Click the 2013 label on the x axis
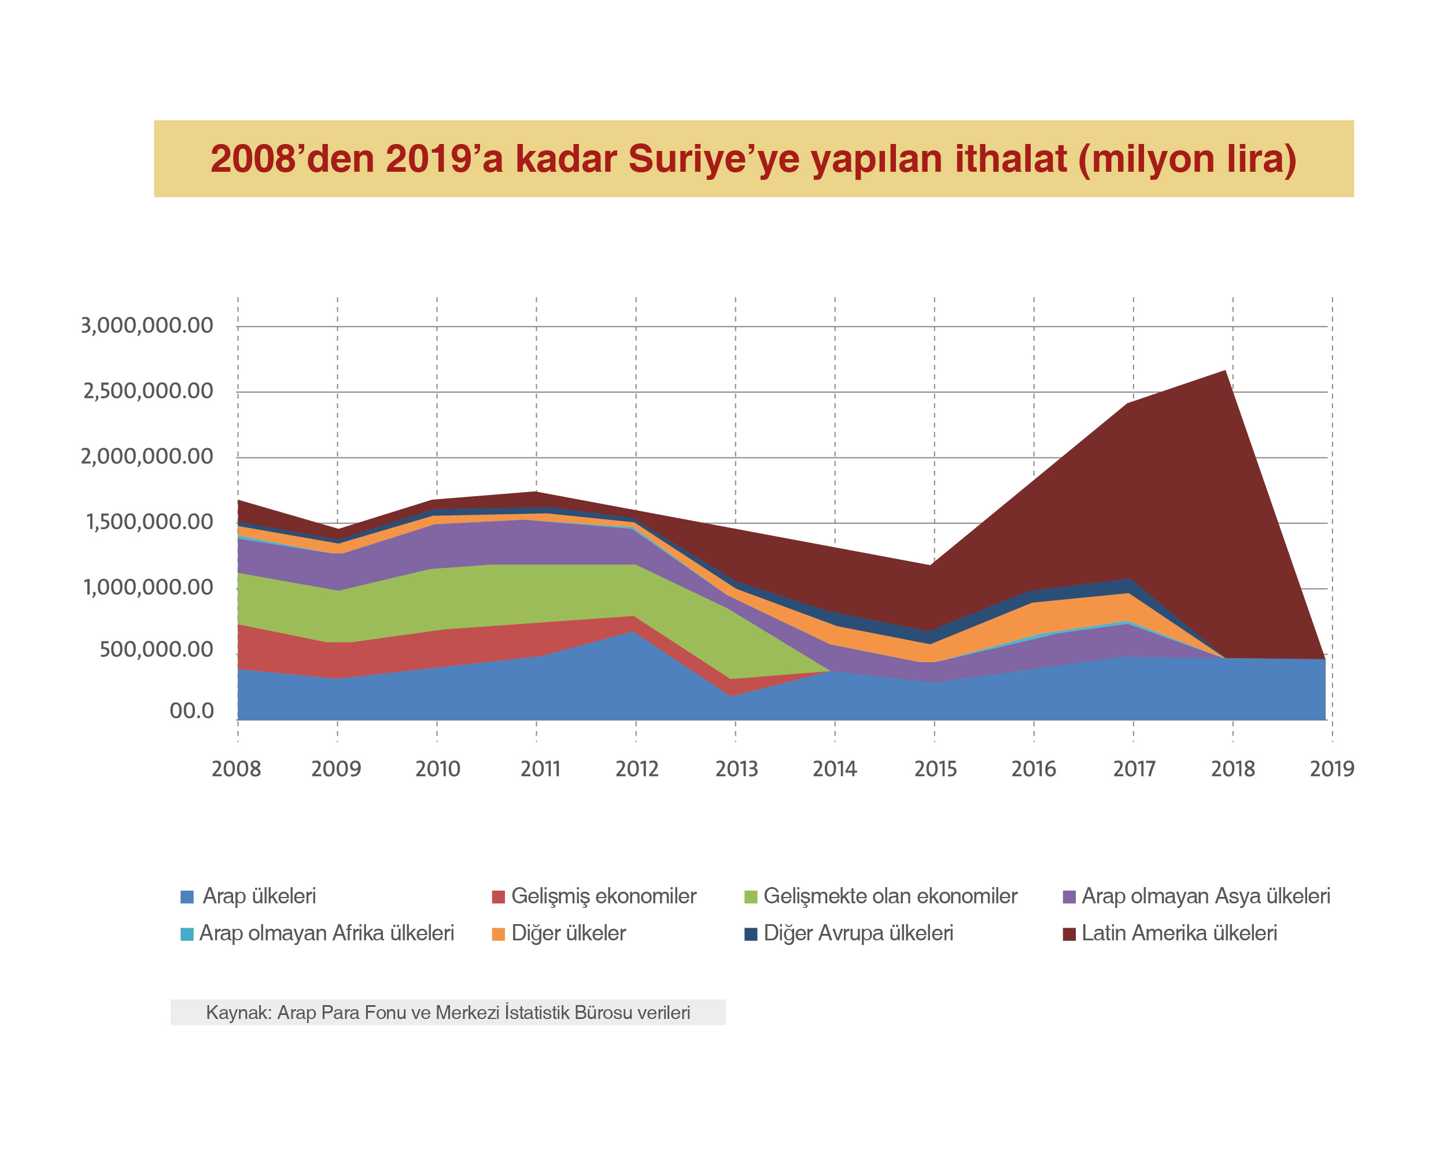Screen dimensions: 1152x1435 (736, 769)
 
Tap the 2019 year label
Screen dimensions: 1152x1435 (1332, 769)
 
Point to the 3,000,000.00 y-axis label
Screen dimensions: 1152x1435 (146, 326)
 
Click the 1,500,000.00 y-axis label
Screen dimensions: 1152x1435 (149, 522)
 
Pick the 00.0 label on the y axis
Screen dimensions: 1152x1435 (191, 711)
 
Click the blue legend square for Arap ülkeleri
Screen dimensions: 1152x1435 (187, 896)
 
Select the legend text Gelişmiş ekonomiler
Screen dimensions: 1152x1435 (603, 896)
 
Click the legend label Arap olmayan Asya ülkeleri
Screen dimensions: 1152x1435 (1205, 896)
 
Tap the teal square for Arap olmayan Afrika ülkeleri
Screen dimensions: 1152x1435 (187, 934)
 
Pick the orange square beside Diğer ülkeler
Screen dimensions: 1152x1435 (499, 934)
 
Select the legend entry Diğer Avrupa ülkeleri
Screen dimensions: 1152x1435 (858, 934)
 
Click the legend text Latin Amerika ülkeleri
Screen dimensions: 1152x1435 (1179, 934)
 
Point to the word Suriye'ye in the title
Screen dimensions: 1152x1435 (713, 160)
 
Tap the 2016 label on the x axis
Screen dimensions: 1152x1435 (1034, 769)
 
